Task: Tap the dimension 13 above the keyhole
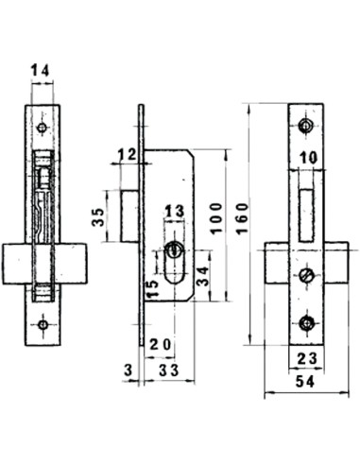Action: pyautogui.click(x=174, y=211)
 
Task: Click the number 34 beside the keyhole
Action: pyautogui.click(x=202, y=277)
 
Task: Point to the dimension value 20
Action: pyautogui.click(x=160, y=344)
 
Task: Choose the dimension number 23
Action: pyautogui.click(x=305, y=358)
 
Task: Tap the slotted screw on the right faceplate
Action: pyautogui.click(x=305, y=275)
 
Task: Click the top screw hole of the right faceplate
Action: pyautogui.click(x=305, y=126)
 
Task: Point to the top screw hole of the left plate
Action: pyautogui.click(x=43, y=126)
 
